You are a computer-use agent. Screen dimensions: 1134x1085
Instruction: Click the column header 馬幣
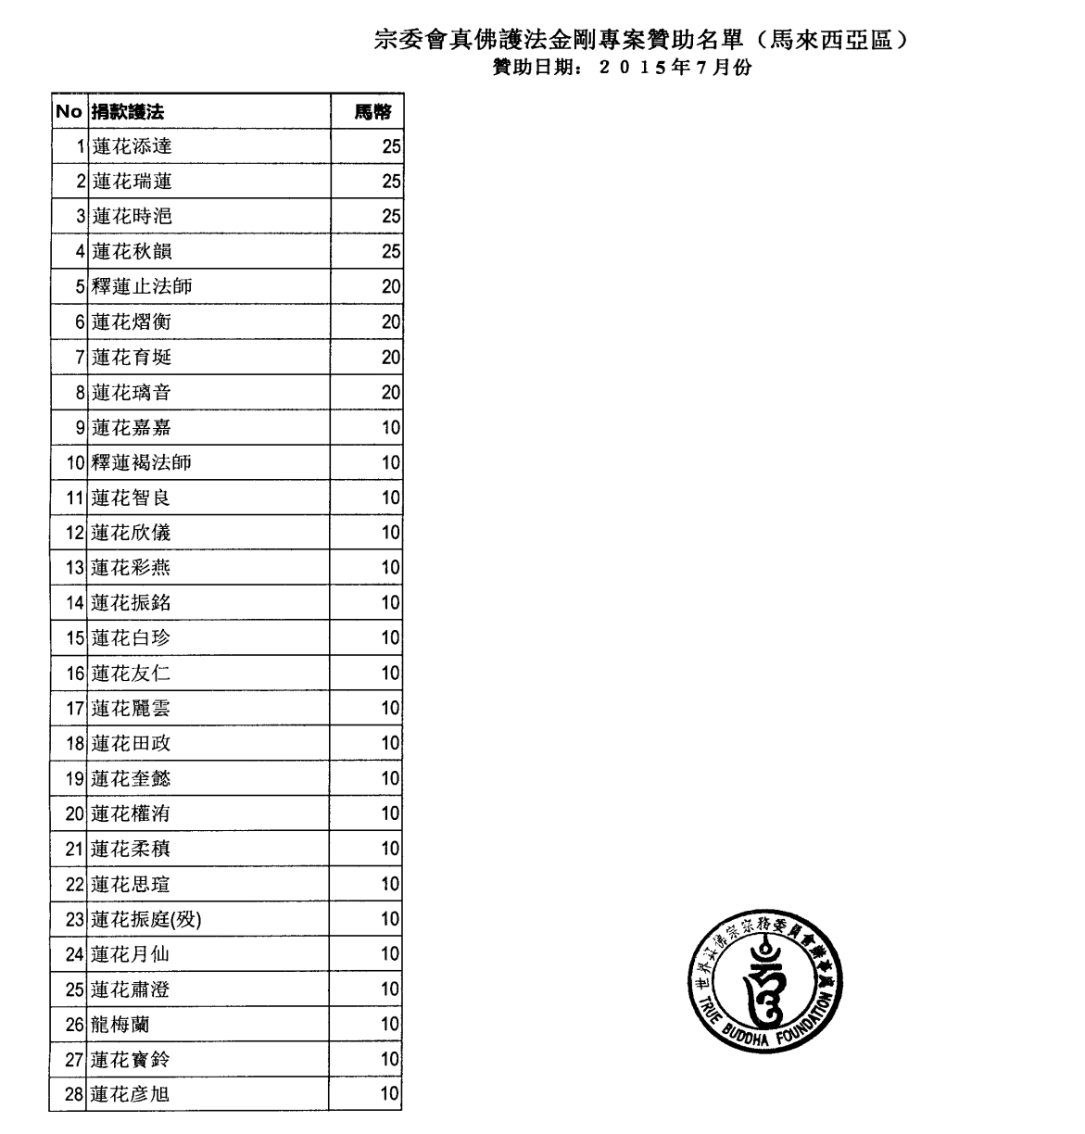pyautogui.click(x=373, y=112)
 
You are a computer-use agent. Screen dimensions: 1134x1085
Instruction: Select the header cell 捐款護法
pyautogui.click(x=128, y=112)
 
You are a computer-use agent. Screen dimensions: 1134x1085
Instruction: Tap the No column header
pyautogui.click(x=69, y=112)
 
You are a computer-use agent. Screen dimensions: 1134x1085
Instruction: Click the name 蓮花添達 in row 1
pyautogui.click(x=132, y=146)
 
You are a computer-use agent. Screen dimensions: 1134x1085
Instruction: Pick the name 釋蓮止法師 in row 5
pyautogui.click(x=142, y=287)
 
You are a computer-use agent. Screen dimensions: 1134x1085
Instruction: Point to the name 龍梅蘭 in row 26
pyautogui.click(x=120, y=1025)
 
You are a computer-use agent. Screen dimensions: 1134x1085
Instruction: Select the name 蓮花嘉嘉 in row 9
pyautogui.click(x=132, y=428)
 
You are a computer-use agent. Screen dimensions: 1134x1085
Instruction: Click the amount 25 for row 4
pyautogui.click(x=391, y=252)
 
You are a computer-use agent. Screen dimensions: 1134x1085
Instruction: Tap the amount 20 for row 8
pyautogui.click(x=391, y=393)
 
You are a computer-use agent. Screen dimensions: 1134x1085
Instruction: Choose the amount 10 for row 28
pyautogui.click(x=390, y=1094)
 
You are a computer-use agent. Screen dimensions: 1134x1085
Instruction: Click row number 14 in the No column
pyautogui.click(x=75, y=603)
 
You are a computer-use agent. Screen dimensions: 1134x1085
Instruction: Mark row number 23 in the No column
pyautogui.click(x=75, y=920)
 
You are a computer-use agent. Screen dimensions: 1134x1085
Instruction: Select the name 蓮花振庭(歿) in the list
pyautogui.click(x=146, y=920)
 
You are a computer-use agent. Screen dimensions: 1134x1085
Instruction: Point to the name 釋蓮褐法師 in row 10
pyautogui.click(x=142, y=463)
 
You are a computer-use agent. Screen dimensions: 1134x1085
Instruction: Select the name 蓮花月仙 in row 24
pyautogui.click(x=132, y=954)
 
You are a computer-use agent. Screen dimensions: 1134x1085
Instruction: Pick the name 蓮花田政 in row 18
pyautogui.click(x=132, y=744)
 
